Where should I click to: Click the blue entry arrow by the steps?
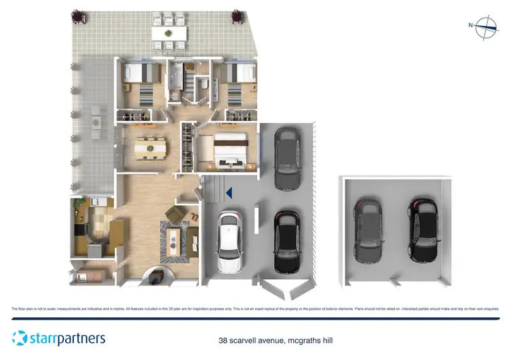click(229, 193)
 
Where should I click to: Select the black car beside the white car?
click(286, 241)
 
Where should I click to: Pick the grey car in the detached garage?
click(369, 230)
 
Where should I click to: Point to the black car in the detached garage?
click(422, 230)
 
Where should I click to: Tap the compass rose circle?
click(487, 28)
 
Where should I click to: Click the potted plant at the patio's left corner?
click(75, 15)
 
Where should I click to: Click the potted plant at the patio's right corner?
click(238, 15)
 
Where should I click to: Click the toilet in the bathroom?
click(202, 84)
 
